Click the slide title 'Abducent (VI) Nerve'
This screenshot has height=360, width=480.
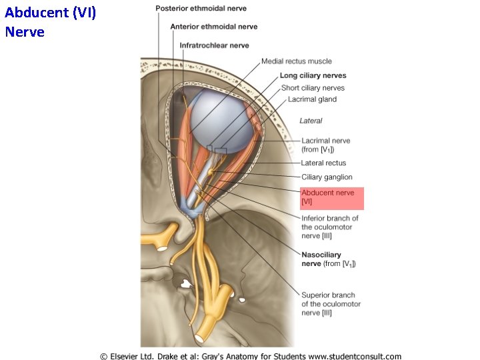(50, 21)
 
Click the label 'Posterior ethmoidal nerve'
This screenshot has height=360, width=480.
(201, 9)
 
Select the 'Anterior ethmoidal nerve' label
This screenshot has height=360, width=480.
(213, 27)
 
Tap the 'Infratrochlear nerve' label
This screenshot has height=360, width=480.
(214, 45)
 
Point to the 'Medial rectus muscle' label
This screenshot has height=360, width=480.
(296, 61)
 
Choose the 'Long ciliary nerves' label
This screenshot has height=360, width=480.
(313, 75)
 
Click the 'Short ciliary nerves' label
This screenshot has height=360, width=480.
(313, 87)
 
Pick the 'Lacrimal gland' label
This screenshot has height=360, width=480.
(312, 99)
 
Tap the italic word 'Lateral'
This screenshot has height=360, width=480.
(311, 121)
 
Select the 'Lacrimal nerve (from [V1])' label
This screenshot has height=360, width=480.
(325, 145)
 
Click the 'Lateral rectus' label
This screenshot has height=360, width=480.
(323, 163)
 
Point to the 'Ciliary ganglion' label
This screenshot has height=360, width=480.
(327, 177)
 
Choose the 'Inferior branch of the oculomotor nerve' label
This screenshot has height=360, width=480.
(329, 227)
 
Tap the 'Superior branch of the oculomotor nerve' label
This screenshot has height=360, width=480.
(331, 303)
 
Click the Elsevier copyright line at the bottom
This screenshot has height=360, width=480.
(251, 355)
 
